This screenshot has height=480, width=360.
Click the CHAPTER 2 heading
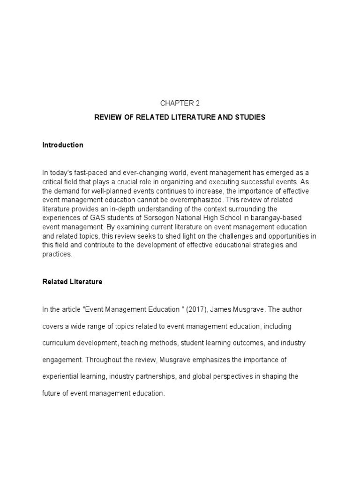coord(180,104)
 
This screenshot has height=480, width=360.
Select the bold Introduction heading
coord(63,145)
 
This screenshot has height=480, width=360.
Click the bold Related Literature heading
coord(72,282)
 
